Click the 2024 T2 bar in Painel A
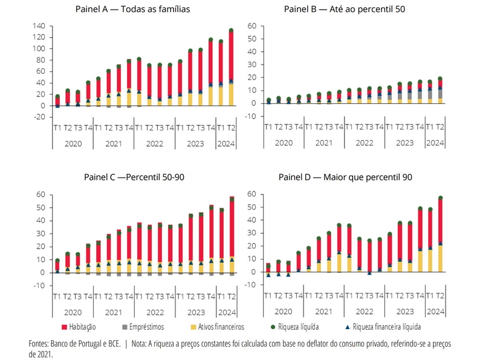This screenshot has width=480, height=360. [231, 66]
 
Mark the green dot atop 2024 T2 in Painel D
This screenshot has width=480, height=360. [440, 198]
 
